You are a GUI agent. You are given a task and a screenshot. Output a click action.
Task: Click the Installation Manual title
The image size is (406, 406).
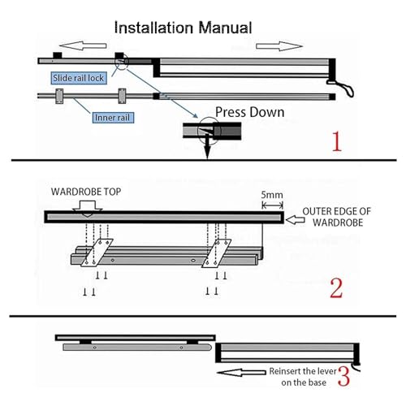183,28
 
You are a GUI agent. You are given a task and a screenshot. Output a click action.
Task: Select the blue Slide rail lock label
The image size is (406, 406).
79,78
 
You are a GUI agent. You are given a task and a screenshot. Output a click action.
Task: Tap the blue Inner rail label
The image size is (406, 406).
113,118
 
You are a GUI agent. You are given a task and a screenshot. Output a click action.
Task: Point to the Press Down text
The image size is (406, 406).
249,112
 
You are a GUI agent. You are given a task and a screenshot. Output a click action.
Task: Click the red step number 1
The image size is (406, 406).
337,141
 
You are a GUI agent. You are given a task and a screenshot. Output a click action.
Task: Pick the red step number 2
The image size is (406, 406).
336,288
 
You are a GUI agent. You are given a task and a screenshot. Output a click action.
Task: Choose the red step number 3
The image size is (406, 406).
343,376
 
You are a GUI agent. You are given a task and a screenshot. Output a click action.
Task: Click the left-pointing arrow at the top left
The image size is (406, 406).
84,45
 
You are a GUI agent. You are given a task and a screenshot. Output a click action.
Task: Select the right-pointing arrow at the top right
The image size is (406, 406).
279,46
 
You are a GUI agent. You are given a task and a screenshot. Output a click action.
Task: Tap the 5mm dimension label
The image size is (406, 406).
272,195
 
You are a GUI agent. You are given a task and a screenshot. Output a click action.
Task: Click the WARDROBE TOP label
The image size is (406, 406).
86,192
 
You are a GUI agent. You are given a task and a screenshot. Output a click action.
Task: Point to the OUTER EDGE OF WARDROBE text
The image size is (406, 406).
337,217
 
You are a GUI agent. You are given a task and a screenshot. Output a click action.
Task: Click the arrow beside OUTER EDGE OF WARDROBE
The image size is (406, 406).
296,220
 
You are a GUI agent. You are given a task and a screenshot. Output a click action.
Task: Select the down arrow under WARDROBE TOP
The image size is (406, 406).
88,209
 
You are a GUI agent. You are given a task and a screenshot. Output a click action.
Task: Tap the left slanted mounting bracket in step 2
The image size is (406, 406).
97,253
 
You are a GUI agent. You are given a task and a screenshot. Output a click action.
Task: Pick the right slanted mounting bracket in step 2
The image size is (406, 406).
216,253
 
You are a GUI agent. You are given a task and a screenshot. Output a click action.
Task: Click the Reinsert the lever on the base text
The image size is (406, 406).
303,377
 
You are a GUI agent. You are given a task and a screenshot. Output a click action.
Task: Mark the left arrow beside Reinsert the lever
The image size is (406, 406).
241,373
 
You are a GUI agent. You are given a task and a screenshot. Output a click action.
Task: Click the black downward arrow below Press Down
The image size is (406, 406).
207,148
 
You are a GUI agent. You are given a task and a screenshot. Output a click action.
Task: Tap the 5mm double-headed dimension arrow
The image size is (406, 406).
273,205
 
